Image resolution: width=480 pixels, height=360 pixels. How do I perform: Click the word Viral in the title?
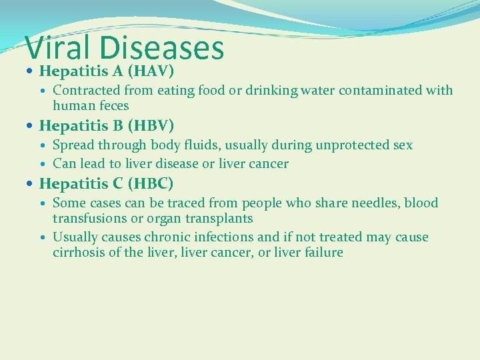58,48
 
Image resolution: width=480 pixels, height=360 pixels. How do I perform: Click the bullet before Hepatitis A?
31,71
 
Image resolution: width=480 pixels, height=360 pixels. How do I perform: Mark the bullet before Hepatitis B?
31,125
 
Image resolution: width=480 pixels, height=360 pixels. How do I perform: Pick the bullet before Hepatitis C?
31,183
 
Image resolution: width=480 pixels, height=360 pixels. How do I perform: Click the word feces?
113,105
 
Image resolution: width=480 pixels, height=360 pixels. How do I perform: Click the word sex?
403,145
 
